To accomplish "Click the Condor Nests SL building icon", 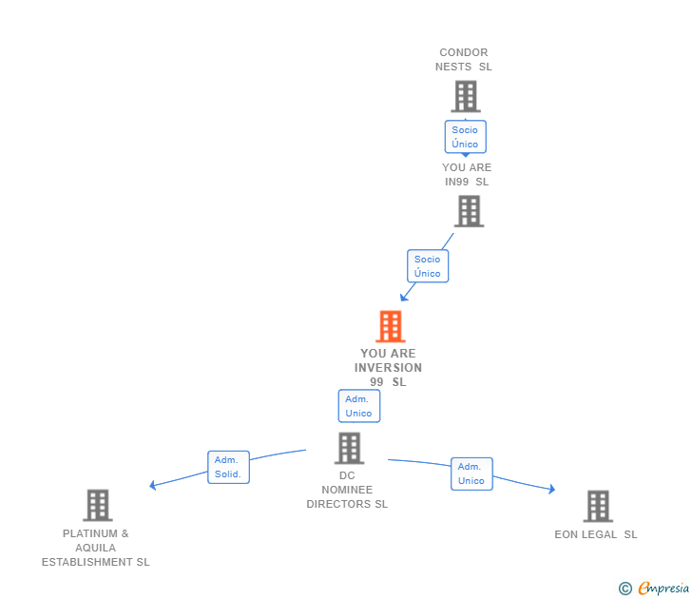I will [465, 96].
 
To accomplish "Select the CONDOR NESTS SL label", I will [464, 60].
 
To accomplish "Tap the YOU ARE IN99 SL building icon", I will [469, 211].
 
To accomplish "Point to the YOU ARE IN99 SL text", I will [467, 175].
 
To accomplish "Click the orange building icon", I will [390, 326].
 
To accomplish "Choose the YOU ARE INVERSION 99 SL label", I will [388, 368].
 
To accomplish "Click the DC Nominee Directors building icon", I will [349, 448].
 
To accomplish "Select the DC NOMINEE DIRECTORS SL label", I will [347, 491].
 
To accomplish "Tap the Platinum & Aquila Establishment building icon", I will [97, 505].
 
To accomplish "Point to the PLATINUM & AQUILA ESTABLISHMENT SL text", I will [95, 548].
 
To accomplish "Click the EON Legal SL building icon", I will [597, 506].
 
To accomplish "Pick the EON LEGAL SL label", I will [596, 534].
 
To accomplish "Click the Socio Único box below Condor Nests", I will [465, 137].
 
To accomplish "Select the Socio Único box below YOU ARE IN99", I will [428, 266].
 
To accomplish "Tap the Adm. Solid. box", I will [228, 467].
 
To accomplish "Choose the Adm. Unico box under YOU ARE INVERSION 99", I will [358, 406].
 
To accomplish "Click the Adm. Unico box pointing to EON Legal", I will [471, 473].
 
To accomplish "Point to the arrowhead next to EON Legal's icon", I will [551, 490].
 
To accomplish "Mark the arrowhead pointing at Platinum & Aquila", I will [153, 486].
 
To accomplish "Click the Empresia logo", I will [654, 589].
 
